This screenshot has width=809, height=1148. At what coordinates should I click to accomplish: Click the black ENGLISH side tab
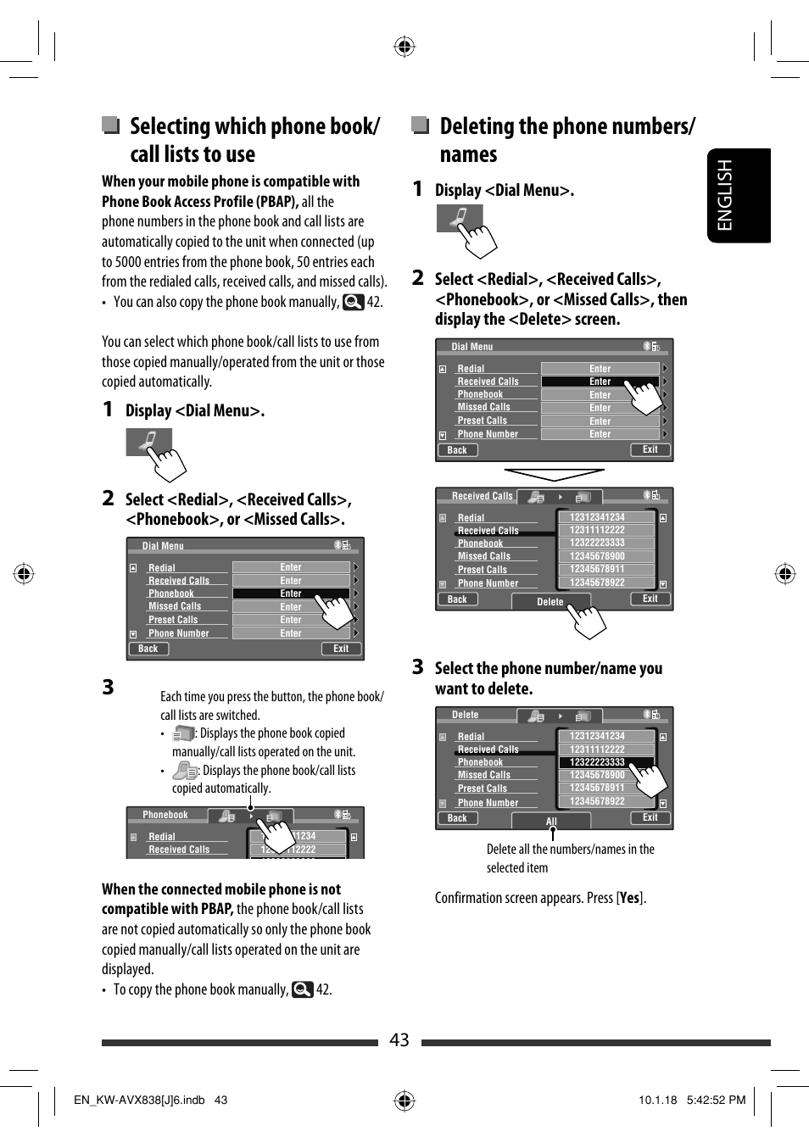pyautogui.click(x=739, y=196)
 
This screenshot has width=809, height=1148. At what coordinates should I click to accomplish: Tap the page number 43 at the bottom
pyautogui.click(x=399, y=1040)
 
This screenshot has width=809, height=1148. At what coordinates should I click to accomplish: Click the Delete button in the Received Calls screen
pyautogui.click(x=550, y=602)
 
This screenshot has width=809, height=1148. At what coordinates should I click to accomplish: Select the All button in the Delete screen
pyautogui.click(x=551, y=821)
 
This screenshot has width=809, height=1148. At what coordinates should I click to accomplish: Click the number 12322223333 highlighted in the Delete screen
pyautogui.click(x=598, y=762)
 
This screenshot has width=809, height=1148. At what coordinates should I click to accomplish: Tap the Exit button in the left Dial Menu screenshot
pyautogui.click(x=341, y=649)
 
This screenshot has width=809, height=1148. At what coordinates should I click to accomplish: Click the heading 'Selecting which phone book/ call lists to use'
pyautogui.click(x=254, y=140)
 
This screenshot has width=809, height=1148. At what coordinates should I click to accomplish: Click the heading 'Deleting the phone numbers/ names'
pyautogui.click(x=566, y=140)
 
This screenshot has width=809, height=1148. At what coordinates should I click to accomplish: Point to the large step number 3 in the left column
pyautogui.click(x=109, y=687)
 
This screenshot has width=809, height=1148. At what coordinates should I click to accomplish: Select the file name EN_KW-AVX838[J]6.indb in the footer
pyautogui.click(x=139, y=1100)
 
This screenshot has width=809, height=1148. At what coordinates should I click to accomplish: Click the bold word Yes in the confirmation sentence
pyautogui.click(x=629, y=898)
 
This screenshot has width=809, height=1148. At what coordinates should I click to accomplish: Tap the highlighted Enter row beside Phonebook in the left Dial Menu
pyautogui.click(x=291, y=594)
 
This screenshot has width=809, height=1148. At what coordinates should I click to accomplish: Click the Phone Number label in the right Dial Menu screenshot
pyautogui.click(x=488, y=434)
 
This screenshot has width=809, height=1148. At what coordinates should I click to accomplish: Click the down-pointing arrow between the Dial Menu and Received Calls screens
pyautogui.click(x=554, y=474)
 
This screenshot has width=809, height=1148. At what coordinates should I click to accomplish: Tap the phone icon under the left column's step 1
pyautogui.click(x=148, y=442)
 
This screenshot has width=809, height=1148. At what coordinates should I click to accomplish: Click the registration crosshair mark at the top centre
pyautogui.click(x=404, y=46)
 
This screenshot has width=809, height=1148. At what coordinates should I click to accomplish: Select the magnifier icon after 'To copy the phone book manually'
pyautogui.click(x=302, y=989)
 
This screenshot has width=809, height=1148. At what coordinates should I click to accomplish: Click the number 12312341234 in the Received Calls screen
pyautogui.click(x=598, y=517)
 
